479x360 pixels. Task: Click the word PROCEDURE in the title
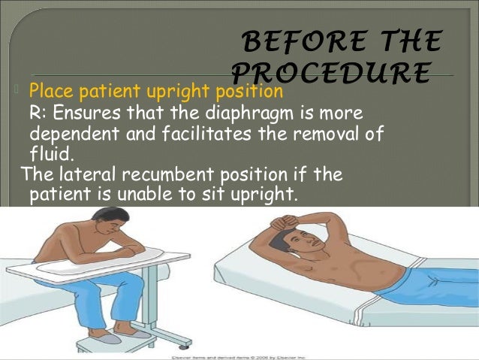pos(330,71)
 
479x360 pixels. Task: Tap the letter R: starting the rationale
pos(37,113)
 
